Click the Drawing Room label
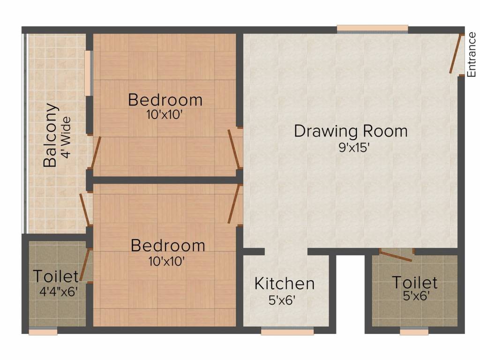tap(351, 132)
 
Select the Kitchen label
tap(285, 284)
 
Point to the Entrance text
tap(472, 55)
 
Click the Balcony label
tap(50, 135)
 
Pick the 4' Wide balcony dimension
tap(66, 137)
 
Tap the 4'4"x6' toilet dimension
tap(58, 292)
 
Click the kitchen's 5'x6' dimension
tap(282, 300)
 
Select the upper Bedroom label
tap(165, 100)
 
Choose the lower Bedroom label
tap(168, 246)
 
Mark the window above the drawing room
tap(373, 29)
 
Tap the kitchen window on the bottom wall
tap(287, 331)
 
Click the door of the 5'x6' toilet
tap(396, 255)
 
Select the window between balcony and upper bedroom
tap(88, 73)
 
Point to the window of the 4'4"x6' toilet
tap(43, 331)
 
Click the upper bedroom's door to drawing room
tap(234, 149)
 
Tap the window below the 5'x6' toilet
tap(414, 331)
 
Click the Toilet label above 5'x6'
tap(415, 283)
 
